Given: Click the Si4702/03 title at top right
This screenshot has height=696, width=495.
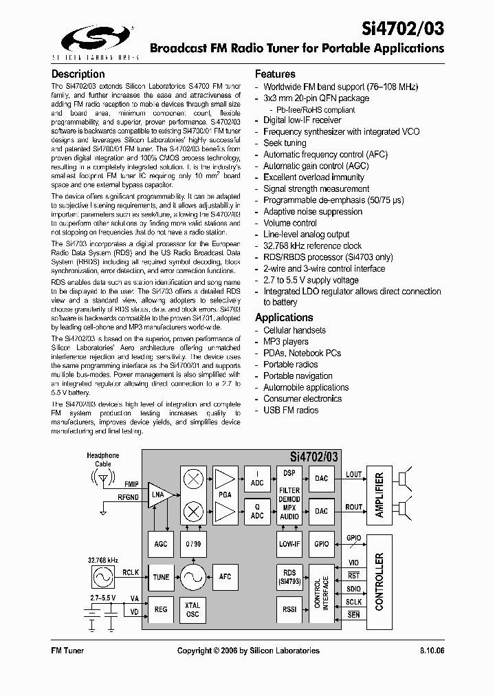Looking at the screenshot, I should (403, 28).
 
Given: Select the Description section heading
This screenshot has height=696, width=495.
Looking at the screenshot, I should (78, 74).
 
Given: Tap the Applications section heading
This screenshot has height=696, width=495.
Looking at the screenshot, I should (284, 317).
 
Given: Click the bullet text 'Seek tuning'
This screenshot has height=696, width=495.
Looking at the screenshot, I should (285, 143).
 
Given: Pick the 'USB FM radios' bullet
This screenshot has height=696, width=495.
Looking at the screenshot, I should (291, 410).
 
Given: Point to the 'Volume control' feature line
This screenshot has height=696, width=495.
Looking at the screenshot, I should (290, 223).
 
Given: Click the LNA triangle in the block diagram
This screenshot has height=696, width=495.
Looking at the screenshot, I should (159, 494).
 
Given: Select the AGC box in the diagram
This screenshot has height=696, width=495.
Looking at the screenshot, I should (161, 544).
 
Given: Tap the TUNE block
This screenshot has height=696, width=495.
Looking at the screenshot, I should (161, 577).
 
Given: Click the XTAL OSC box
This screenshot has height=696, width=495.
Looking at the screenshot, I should (193, 609).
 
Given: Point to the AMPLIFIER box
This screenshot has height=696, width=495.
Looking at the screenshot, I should (379, 494).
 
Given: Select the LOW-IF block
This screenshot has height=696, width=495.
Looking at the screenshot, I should (289, 544).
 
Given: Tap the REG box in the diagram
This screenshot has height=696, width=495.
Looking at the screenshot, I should (161, 610).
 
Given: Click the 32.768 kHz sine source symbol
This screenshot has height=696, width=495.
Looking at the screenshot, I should (102, 576).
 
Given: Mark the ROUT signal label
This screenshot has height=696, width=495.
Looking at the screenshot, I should (353, 508).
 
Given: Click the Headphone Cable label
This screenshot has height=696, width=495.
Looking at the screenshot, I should (102, 459).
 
